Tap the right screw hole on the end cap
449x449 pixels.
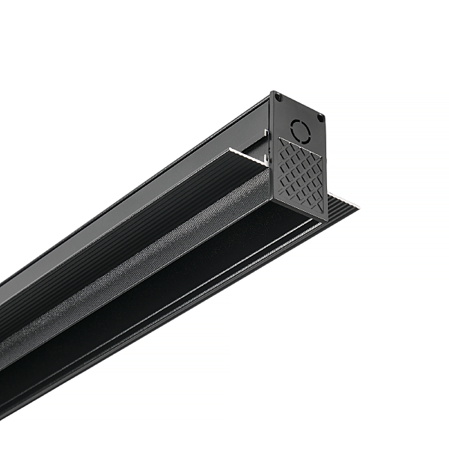coord(320,117)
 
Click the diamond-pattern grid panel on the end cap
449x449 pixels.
coord(302,173)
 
